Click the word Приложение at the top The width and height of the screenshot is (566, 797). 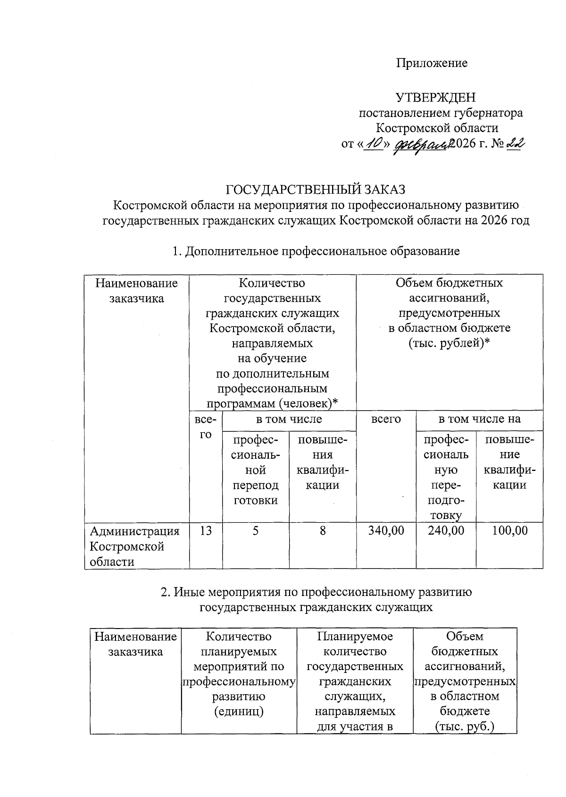(x=432, y=63)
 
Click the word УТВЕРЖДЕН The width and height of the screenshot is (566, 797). (x=435, y=98)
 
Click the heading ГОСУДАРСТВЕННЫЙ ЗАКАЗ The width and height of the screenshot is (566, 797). (x=316, y=189)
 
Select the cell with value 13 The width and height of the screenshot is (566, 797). (x=206, y=531)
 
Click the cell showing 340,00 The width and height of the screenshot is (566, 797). (x=386, y=531)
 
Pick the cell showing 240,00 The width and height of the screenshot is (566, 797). (x=446, y=531)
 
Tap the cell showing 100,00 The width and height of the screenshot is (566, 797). (x=509, y=531)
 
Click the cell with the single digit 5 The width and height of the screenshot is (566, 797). (x=255, y=531)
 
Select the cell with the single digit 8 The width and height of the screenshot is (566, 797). (x=323, y=531)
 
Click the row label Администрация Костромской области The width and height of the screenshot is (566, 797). (x=135, y=546)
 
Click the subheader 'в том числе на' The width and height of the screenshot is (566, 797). (x=479, y=419)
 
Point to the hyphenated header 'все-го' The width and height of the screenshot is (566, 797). (x=206, y=427)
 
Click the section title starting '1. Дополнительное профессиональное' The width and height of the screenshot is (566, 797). (x=316, y=251)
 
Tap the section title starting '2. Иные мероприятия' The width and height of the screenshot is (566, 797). (x=316, y=592)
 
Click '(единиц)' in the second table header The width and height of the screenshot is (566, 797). (x=239, y=711)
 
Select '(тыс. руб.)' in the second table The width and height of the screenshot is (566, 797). (x=465, y=726)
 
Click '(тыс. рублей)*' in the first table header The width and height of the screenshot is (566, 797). (x=449, y=343)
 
